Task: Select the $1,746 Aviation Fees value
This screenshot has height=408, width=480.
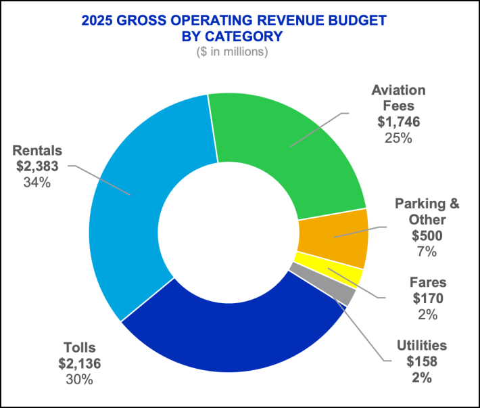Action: tap(398, 122)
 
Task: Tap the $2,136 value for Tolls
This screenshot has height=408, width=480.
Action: tap(79, 364)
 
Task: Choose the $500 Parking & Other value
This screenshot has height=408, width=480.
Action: tap(427, 236)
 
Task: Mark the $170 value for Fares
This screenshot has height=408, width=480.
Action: tap(427, 298)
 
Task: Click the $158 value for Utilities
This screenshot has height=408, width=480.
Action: tap(422, 362)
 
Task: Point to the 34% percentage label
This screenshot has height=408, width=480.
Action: tap(36, 183)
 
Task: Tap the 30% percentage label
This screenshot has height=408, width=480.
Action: tap(79, 380)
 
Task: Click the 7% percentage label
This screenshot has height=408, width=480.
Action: tap(427, 252)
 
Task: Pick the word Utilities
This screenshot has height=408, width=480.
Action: tap(422, 346)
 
